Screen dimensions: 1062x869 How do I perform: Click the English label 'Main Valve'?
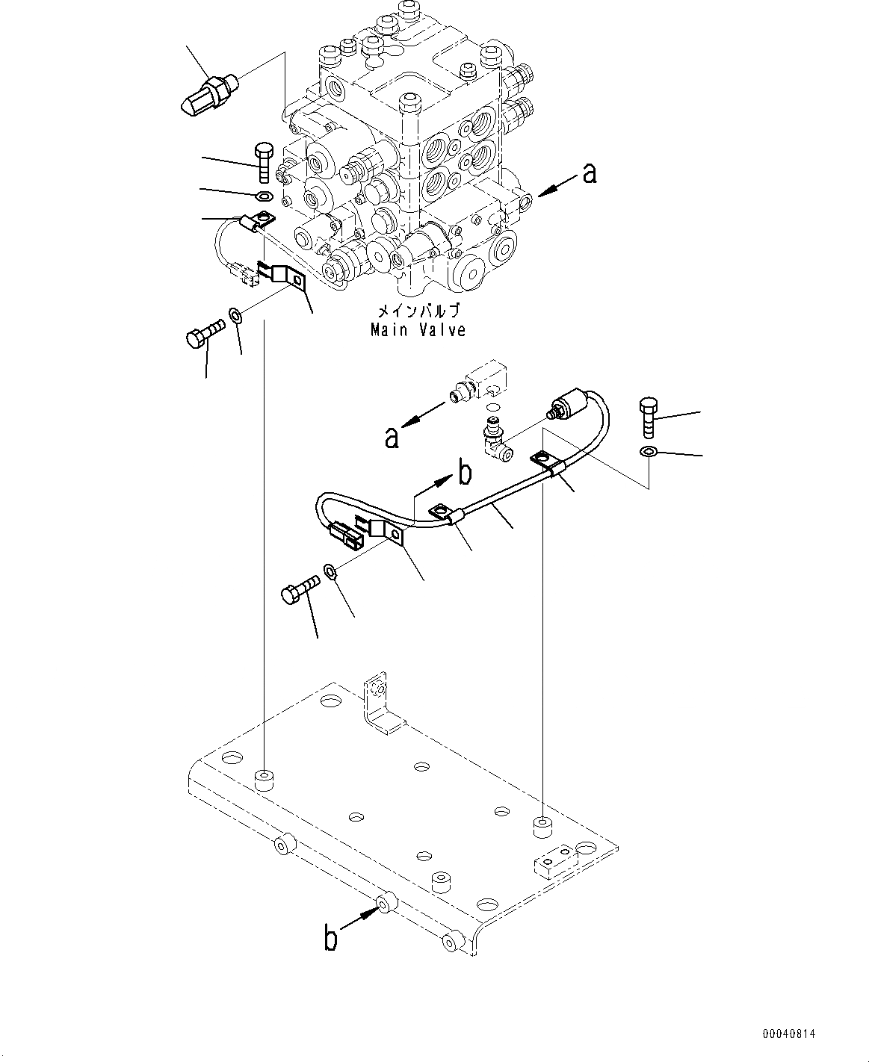418,329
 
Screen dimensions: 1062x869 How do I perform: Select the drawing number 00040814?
789,1034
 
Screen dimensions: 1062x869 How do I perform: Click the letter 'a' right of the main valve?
590,174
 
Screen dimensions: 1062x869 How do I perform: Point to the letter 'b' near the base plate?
330,937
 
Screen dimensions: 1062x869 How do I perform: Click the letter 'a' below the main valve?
392,437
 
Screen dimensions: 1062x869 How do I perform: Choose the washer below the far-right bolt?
649,451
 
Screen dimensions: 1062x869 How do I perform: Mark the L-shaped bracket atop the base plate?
381,706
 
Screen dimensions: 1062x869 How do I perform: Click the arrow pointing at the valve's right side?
554,187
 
